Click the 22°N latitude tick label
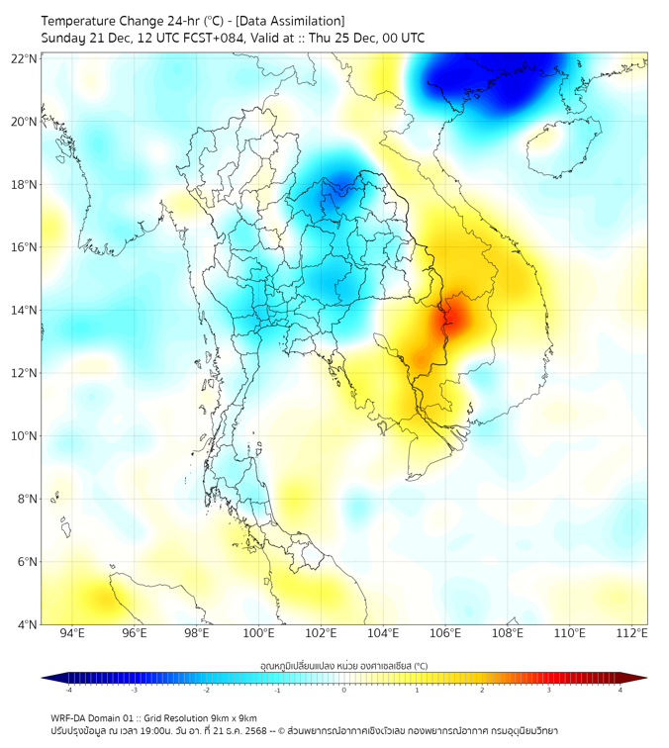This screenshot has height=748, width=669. click(x=24, y=58)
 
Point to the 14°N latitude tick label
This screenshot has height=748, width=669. click(x=24, y=311)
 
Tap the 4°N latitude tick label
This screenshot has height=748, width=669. click(x=27, y=624)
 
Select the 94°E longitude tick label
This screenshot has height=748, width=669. click(x=72, y=634)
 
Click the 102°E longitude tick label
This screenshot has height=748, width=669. click(x=322, y=634)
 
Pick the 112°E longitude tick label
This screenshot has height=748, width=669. click(x=631, y=634)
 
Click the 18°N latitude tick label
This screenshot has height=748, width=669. click(x=24, y=185)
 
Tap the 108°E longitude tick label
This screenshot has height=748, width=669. click(x=508, y=634)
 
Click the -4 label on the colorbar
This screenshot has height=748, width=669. click(x=68, y=690)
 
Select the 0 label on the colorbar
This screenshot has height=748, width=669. click(x=344, y=690)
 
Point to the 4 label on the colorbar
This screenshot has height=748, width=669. click(x=620, y=690)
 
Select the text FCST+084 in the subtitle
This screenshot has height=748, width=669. click(x=194, y=39)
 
